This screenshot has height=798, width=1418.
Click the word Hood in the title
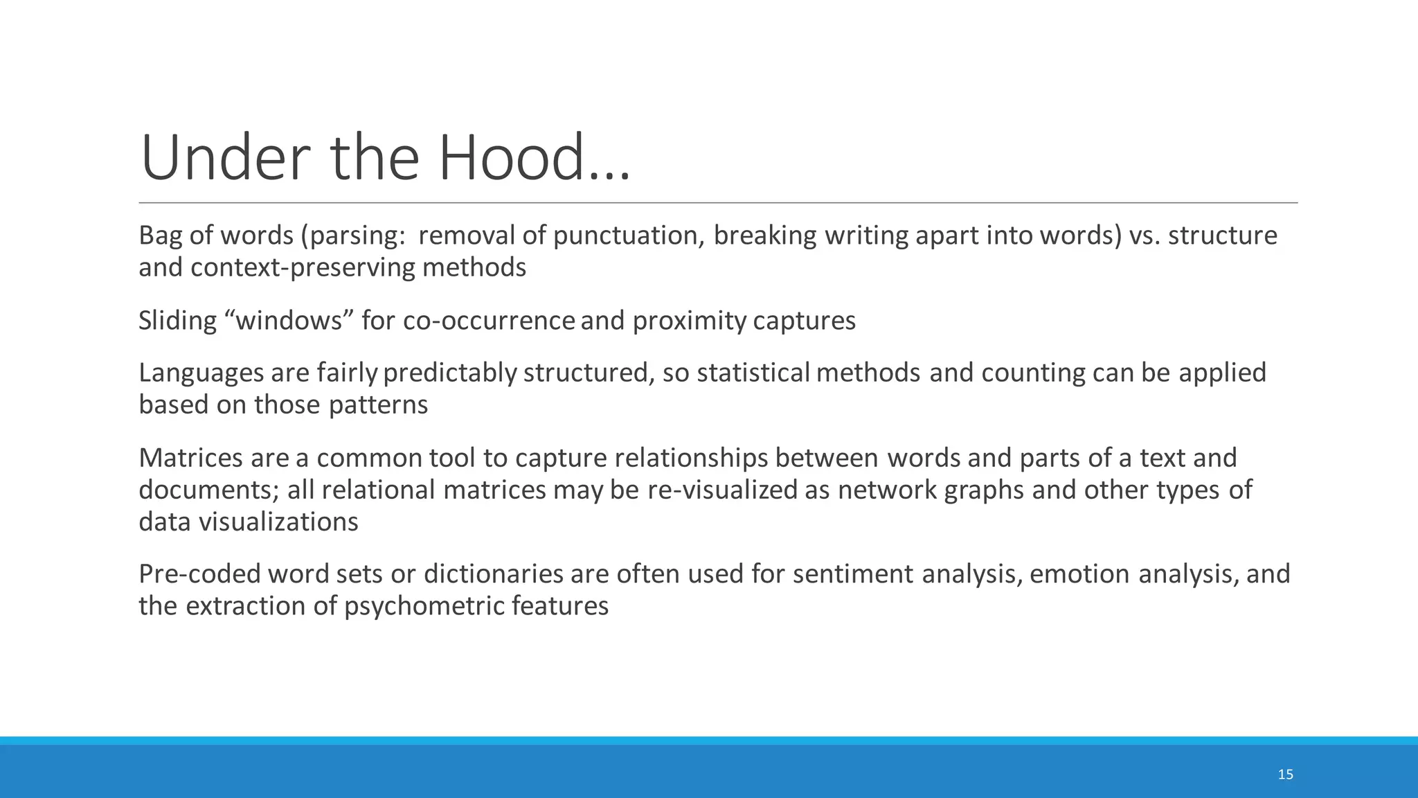(512, 158)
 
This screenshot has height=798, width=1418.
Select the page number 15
(1285, 774)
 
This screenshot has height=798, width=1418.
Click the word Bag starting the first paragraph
(161, 236)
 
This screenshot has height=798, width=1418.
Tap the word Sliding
(178, 321)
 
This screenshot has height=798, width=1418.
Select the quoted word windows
(290, 321)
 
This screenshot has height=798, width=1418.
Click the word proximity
(689, 321)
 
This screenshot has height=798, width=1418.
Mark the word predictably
(450, 373)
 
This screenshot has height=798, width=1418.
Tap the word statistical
(753, 373)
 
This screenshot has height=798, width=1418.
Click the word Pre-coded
(199, 574)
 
